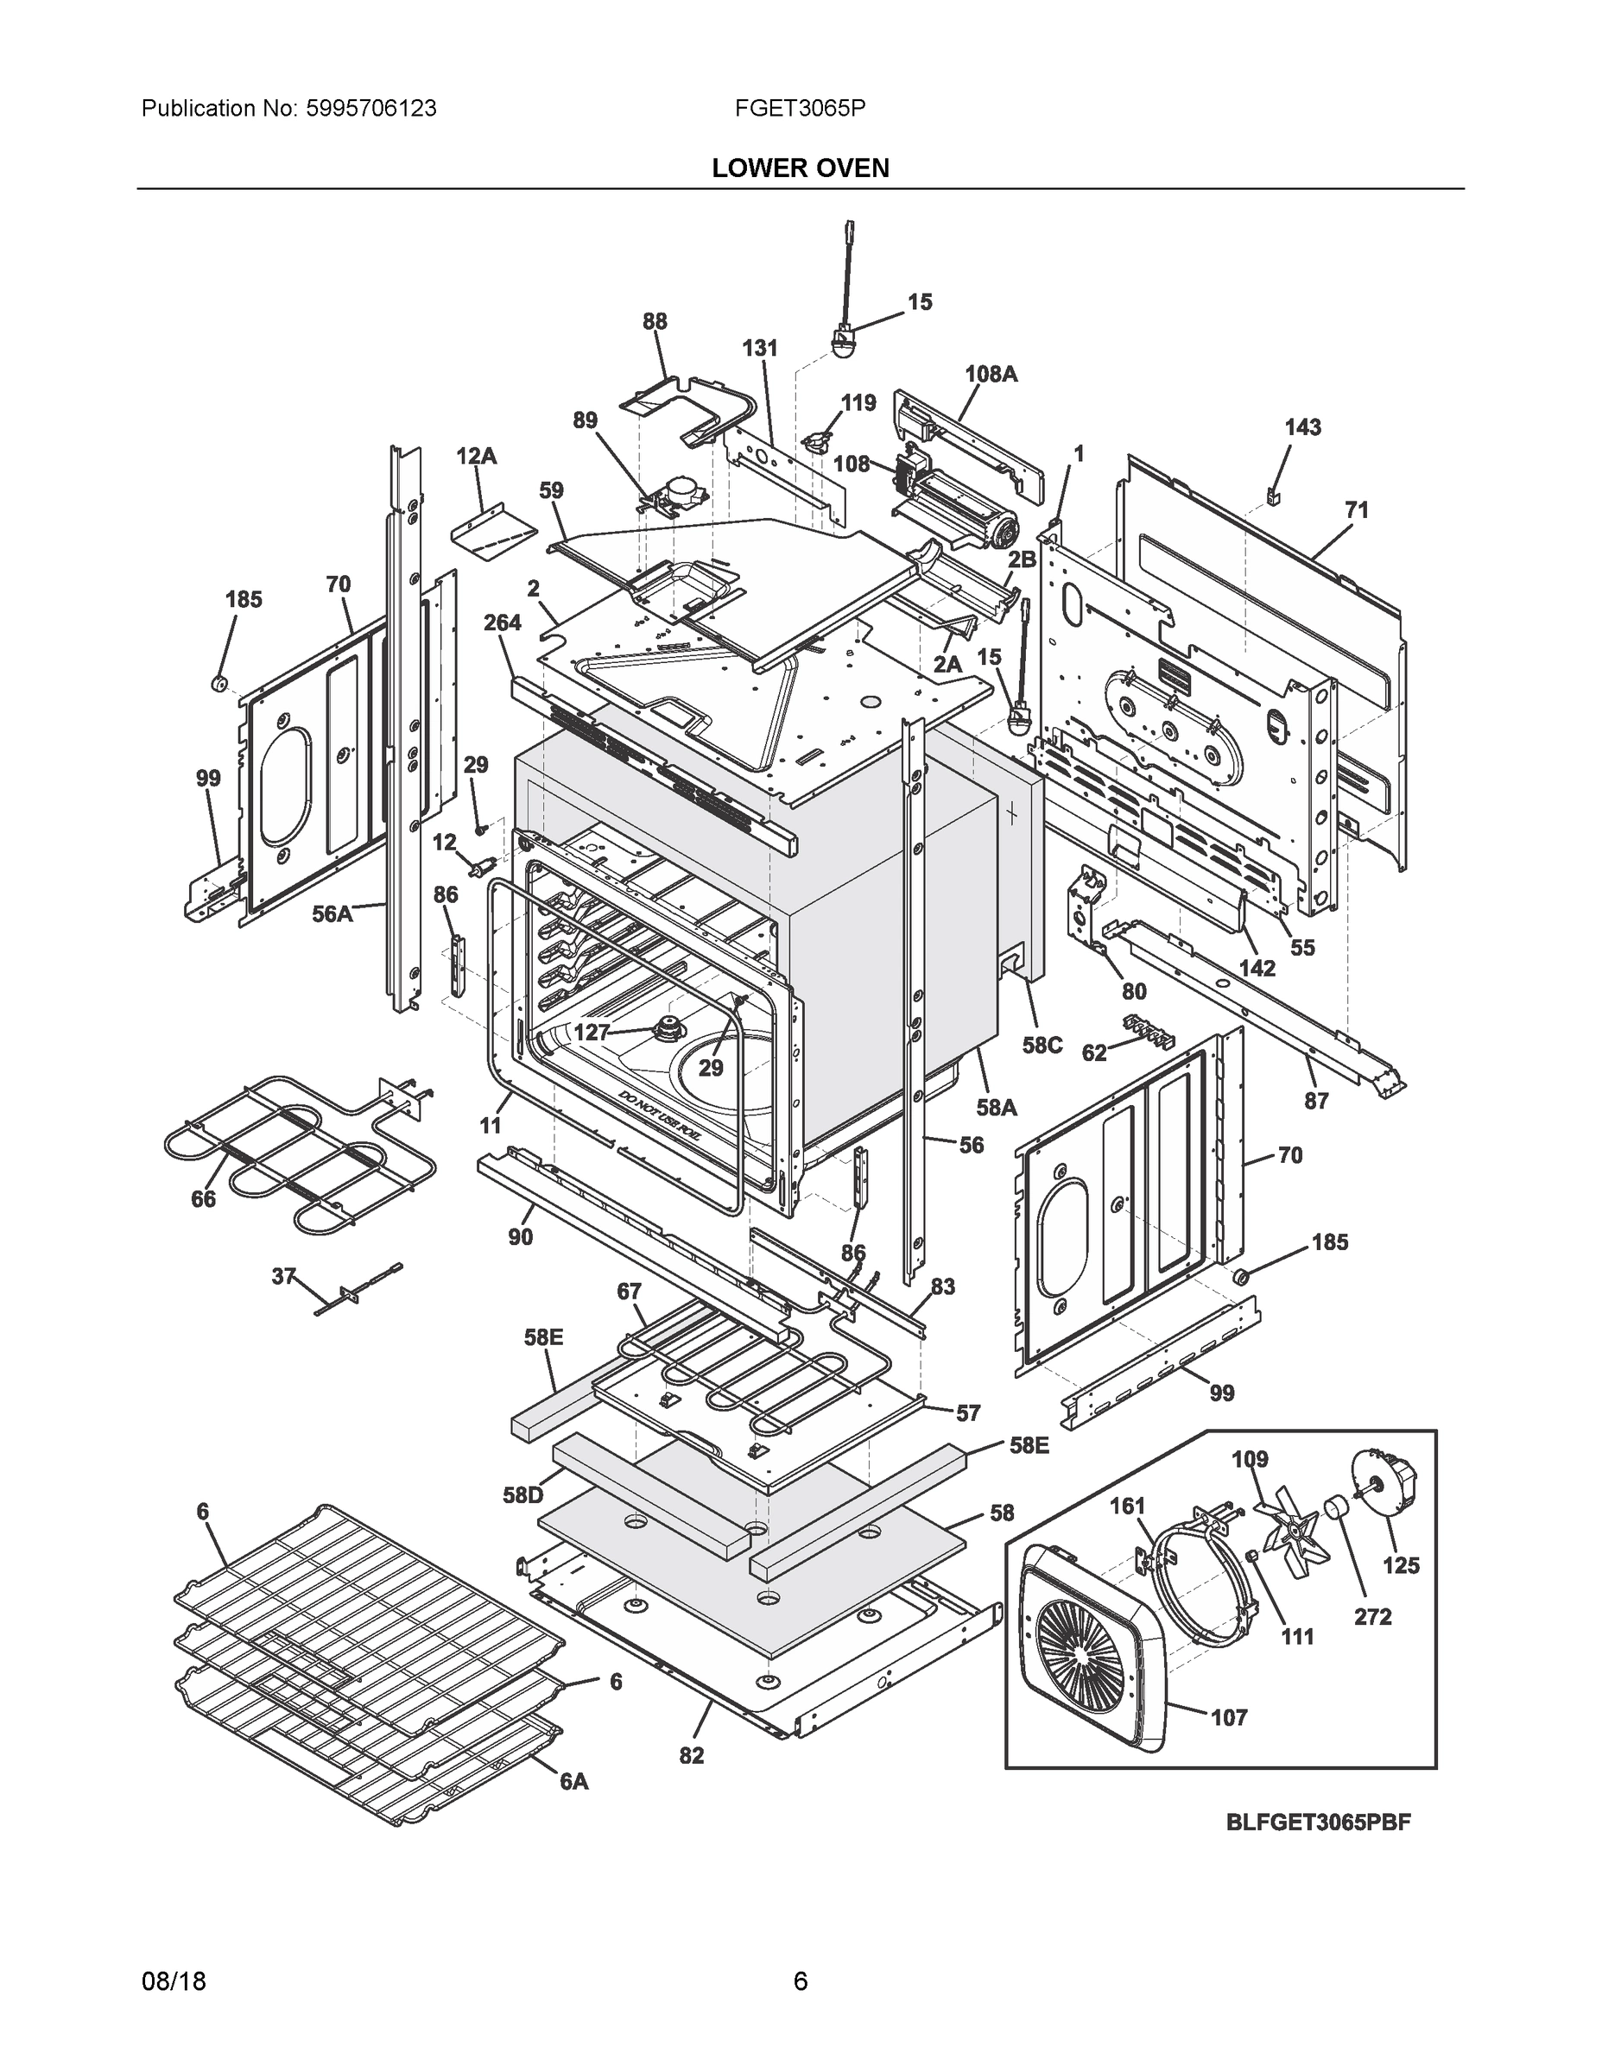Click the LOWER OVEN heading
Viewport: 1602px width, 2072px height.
point(800,168)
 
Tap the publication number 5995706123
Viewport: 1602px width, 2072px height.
point(371,109)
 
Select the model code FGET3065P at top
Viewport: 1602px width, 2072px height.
point(799,109)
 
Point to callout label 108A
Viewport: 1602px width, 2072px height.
point(991,374)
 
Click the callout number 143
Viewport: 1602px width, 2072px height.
point(1302,428)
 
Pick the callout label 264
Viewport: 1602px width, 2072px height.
point(502,622)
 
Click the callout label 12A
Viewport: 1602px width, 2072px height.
point(476,457)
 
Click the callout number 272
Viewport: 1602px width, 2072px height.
point(1372,1617)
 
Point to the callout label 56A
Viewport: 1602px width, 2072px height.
point(332,913)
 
